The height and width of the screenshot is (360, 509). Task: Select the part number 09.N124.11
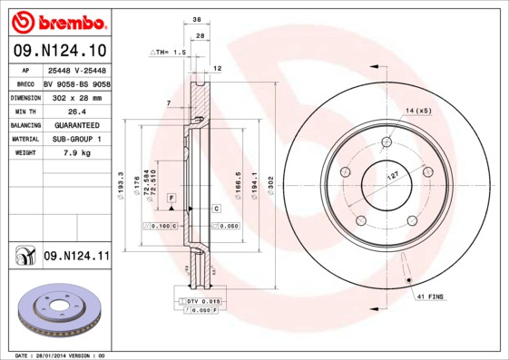click(x=75, y=257)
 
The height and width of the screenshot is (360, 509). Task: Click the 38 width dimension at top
click(x=196, y=18)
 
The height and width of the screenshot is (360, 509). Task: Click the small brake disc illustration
click(x=62, y=311)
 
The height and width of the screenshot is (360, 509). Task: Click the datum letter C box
click(x=217, y=209)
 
